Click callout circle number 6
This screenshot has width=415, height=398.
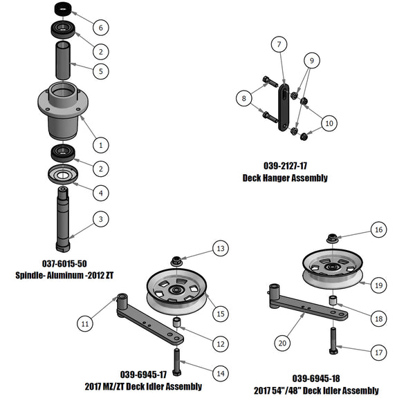[x=101, y=28]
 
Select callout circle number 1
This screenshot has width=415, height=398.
[x=101, y=145]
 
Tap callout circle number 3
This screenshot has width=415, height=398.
[x=101, y=219]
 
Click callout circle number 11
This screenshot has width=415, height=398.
[x=84, y=323]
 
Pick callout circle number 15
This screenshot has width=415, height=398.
[x=219, y=314]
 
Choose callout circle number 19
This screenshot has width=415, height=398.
[x=377, y=284]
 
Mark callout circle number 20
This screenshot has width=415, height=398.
[x=282, y=341]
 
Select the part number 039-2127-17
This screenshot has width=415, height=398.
[x=285, y=167]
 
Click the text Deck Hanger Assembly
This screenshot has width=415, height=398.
[x=285, y=178]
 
